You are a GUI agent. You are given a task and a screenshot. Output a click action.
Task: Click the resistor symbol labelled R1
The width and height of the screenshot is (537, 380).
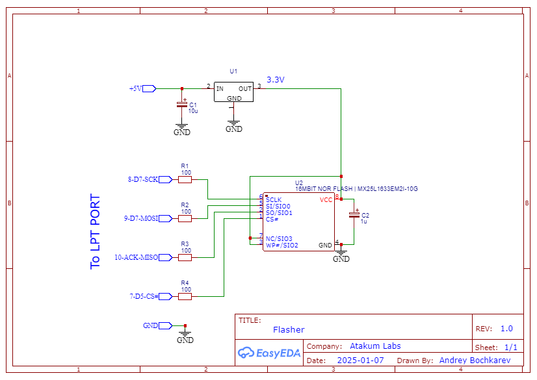(185, 179)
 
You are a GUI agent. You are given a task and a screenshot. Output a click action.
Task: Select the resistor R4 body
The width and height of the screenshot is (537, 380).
(185, 297)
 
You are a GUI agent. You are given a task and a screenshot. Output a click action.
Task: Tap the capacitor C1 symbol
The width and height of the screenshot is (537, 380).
(182, 105)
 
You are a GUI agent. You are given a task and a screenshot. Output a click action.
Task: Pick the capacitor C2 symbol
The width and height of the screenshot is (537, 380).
(354, 215)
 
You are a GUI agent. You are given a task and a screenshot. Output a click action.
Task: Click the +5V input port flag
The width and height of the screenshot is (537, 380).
(149, 89)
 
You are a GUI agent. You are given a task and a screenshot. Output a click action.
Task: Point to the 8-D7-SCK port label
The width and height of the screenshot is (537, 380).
(143, 179)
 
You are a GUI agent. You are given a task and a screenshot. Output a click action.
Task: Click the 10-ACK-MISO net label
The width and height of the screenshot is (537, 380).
(137, 257)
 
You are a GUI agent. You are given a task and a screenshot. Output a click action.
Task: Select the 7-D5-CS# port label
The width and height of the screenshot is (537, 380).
(144, 297)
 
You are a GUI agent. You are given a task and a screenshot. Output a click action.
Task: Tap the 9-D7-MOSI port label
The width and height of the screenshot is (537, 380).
(141, 218)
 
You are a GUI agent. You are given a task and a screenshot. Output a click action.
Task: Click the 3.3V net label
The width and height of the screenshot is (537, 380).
(276, 80)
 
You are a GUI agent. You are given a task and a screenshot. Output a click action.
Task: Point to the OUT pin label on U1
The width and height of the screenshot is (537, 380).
(245, 89)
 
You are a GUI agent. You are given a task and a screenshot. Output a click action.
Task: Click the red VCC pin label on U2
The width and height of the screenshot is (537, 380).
(326, 200)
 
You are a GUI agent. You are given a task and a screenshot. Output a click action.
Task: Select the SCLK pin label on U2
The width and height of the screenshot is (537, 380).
(274, 200)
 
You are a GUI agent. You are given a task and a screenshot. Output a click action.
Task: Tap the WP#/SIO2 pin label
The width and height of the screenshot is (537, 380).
(282, 246)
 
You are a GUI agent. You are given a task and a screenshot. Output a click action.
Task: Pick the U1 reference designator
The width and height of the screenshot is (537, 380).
(233, 71)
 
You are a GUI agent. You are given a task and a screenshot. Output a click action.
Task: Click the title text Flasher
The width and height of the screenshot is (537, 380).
(289, 330)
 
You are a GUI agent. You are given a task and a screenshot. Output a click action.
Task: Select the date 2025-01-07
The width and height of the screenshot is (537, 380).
(360, 360)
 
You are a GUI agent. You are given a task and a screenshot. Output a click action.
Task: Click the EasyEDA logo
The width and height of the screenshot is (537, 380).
(269, 353)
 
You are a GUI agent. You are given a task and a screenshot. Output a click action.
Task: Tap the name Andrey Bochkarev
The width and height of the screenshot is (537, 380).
(475, 360)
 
